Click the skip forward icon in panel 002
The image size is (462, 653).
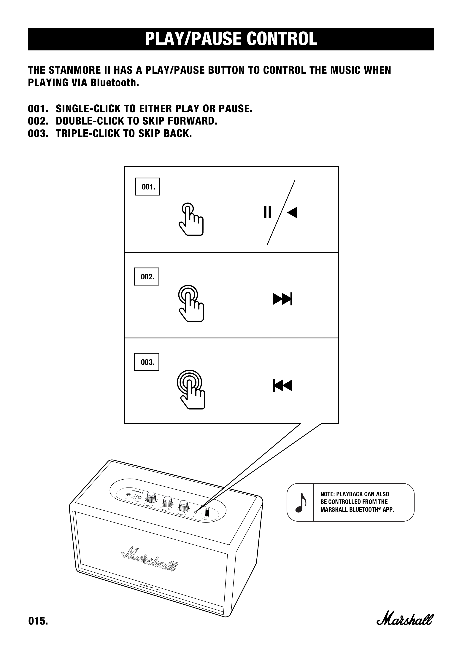point(282,299)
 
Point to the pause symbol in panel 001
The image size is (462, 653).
point(267,212)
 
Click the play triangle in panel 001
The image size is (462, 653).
point(292,212)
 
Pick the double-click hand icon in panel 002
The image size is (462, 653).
point(191,303)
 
